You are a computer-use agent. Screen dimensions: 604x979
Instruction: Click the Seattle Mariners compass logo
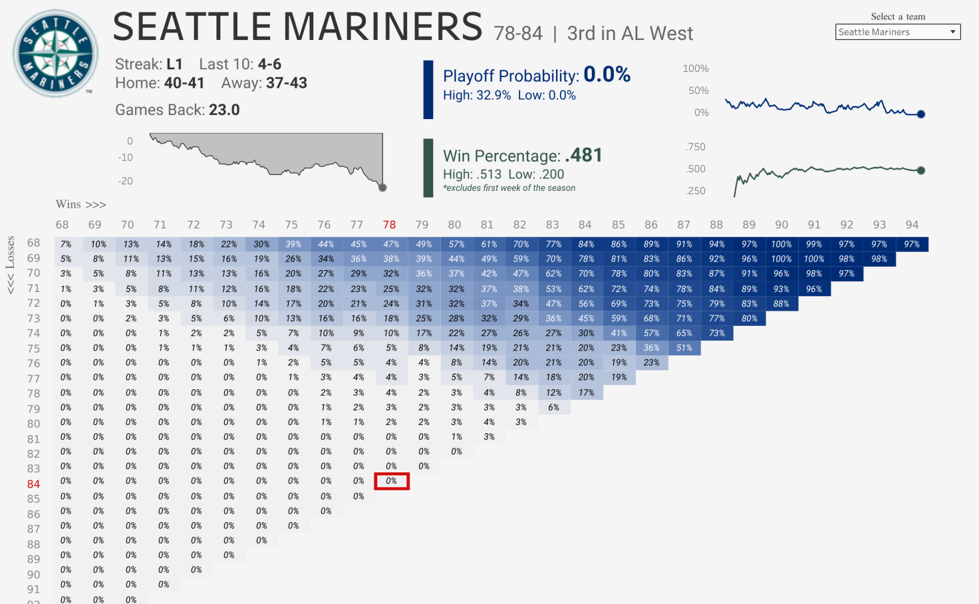point(55,54)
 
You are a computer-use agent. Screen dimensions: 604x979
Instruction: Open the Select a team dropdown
point(897,32)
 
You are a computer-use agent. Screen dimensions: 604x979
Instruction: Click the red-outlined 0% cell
point(391,481)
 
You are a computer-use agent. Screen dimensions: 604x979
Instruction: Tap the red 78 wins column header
point(389,225)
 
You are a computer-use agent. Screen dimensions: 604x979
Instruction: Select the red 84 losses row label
point(33,484)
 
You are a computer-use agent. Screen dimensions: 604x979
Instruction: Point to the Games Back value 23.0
point(224,110)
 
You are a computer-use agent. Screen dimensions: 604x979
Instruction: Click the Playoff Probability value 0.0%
point(607,75)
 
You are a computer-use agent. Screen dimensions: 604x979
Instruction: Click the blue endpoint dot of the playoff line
point(921,114)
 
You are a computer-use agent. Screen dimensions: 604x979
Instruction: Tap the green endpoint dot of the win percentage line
point(921,170)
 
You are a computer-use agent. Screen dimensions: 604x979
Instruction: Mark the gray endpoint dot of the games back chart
point(382,188)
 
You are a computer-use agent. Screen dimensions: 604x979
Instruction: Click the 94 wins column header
point(912,225)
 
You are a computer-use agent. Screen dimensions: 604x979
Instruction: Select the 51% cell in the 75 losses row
point(684,348)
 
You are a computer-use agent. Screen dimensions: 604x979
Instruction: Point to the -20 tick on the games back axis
point(125,181)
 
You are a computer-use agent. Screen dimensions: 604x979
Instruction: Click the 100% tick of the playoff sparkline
point(695,69)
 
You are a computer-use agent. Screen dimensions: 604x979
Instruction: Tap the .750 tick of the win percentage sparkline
point(695,147)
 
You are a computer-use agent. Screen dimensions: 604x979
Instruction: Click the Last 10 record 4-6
point(269,64)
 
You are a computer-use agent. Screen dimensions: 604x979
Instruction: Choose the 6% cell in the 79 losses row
point(553,407)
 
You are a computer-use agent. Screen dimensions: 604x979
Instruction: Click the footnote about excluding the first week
point(509,188)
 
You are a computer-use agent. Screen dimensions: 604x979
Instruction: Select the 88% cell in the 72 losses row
point(781,303)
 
